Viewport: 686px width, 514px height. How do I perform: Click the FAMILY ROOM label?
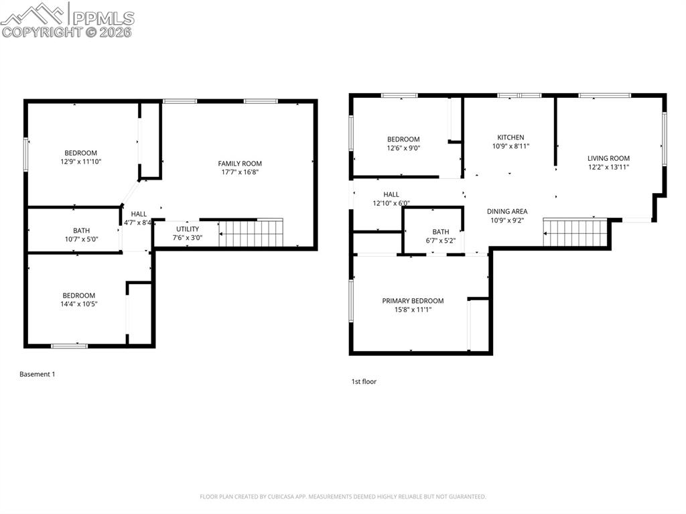240,164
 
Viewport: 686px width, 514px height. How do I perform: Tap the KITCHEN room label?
510,137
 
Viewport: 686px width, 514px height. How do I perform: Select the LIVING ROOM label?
608,158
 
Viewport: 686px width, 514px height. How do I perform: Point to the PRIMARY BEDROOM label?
413,301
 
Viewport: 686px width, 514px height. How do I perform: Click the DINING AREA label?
507,212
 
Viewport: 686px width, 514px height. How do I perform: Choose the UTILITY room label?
188,229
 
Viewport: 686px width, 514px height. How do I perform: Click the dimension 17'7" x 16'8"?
240,172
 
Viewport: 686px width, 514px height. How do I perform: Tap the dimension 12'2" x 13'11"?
608,167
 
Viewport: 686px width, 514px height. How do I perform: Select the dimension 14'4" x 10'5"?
79,304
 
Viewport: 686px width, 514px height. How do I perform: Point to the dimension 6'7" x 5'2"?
441,241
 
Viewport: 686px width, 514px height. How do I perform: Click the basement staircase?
251,233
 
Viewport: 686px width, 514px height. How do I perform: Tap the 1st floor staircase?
575,233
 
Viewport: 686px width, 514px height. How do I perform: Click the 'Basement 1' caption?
38,375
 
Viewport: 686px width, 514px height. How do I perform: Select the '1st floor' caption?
364,382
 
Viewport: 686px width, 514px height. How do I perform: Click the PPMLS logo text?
103,18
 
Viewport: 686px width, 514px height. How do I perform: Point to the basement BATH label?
81,231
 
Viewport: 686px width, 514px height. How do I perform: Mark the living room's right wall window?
664,139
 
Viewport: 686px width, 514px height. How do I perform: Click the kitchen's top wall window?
520,95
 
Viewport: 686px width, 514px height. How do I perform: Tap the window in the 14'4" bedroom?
69,346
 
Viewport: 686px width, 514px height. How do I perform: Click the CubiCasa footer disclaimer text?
343,497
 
